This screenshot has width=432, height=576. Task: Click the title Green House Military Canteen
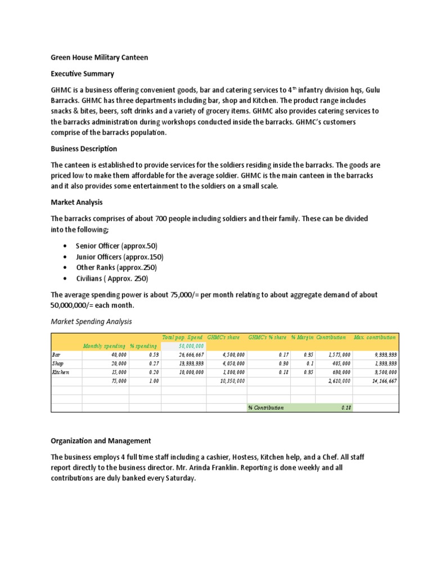click(100, 57)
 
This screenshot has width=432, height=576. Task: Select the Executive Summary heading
click(82, 74)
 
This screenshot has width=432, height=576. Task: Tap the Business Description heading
click(84, 149)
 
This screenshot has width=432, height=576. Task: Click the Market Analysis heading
click(76, 202)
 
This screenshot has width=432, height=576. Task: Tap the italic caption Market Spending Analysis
click(91, 321)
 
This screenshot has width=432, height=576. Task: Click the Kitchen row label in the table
click(61, 372)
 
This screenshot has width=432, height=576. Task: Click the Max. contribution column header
click(375, 337)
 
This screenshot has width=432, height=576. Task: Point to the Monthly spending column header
click(105, 346)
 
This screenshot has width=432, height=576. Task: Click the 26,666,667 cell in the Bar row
click(187, 355)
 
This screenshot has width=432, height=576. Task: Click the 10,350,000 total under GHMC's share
click(229, 381)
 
